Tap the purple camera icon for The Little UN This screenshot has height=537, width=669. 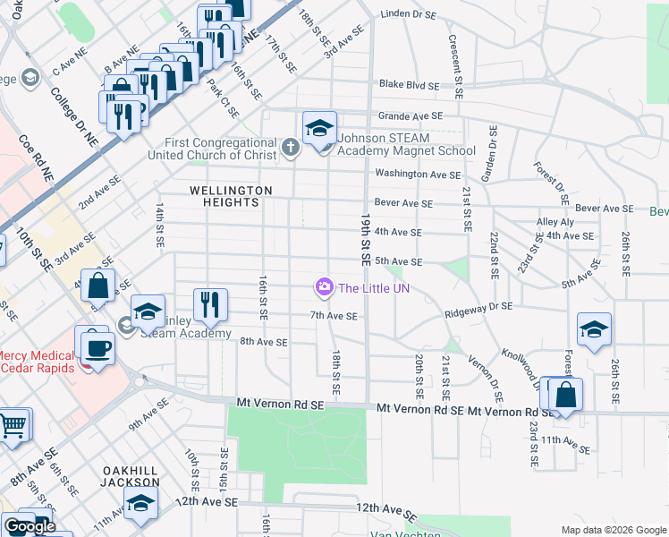[x=323, y=287]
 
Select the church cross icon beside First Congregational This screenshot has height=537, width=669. [x=290, y=148]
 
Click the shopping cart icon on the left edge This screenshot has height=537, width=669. [x=13, y=426]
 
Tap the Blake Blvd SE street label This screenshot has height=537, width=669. [x=410, y=85]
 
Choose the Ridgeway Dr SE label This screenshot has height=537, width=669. [x=480, y=306]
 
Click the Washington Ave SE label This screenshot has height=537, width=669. [x=418, y=175]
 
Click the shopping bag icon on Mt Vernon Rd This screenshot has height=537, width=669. [x=565, y=396]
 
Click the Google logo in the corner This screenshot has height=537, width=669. [x=30, y=526]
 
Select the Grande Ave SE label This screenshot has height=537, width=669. [x=411, y=115]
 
